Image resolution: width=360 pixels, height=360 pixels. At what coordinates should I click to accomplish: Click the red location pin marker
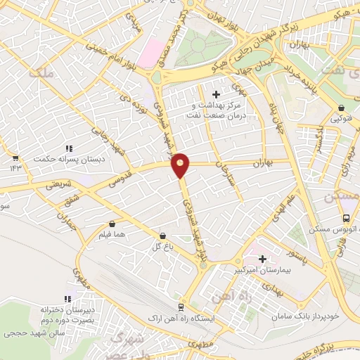(x=181, y=165)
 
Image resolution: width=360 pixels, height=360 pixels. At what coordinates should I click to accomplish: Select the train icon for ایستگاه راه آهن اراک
(x=181, y=307)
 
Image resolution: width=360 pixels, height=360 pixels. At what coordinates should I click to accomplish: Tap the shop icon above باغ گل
(x=163, y=236)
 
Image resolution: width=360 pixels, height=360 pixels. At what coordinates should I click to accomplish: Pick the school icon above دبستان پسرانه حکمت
(x=69, y=149)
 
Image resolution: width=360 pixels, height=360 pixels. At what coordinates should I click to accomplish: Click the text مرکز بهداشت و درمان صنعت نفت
(x=216, y=110)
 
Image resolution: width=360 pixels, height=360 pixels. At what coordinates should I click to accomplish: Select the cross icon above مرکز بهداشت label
(x=216, y=94)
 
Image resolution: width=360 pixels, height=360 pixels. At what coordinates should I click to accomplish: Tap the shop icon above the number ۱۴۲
(x=15, y=157)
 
